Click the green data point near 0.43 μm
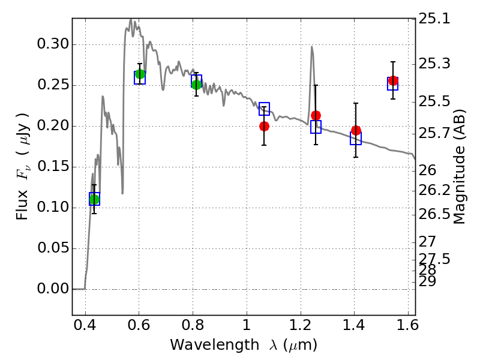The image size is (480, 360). pos(94,199)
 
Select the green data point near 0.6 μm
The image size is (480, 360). pos(140,74)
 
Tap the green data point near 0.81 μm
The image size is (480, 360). pos(196,85)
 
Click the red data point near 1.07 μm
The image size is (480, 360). pos(264,126)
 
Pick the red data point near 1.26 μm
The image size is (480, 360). pos(316,115)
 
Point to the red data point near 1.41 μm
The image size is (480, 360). pos(356,130)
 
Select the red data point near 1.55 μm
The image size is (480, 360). pos(393,80)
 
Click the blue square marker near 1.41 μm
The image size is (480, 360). pos(356,139)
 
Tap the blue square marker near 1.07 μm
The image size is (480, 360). pos(264,109)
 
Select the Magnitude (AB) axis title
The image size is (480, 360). pos(460,167)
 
